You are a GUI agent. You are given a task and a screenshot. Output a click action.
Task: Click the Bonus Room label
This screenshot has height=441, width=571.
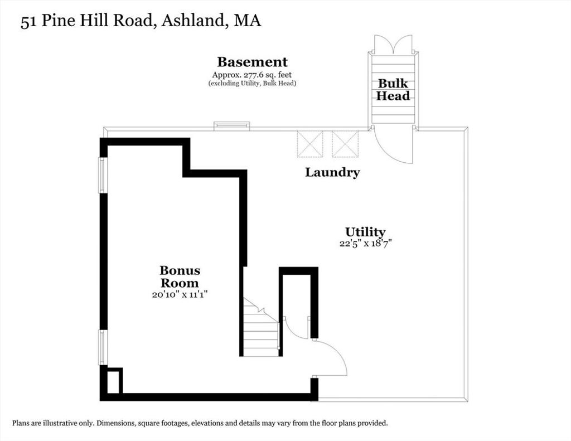[x=180, y=277]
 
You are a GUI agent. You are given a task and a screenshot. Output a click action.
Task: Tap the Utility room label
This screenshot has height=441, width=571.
[x=365, y=232]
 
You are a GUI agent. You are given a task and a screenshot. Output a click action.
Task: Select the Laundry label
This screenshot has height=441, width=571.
[x=332, y=172]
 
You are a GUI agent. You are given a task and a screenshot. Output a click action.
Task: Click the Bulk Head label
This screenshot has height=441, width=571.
[x=393, y=90]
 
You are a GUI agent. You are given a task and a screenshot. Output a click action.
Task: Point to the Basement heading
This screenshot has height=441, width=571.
[x=253, y=62]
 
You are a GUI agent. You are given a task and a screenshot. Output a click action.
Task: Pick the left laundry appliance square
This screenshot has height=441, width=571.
[x=310, y=144]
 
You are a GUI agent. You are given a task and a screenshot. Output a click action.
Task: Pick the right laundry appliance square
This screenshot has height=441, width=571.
[x=345, y=144]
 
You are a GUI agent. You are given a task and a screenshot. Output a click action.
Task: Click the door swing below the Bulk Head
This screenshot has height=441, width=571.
[x=393, y=146]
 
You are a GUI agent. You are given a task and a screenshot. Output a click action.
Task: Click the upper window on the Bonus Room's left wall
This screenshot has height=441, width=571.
[x=103, y=175]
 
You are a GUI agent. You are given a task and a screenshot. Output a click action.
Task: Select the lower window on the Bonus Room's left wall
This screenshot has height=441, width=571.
[x=103, y=347]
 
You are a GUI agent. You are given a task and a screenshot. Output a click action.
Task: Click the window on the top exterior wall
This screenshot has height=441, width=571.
[x=231, y=126]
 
